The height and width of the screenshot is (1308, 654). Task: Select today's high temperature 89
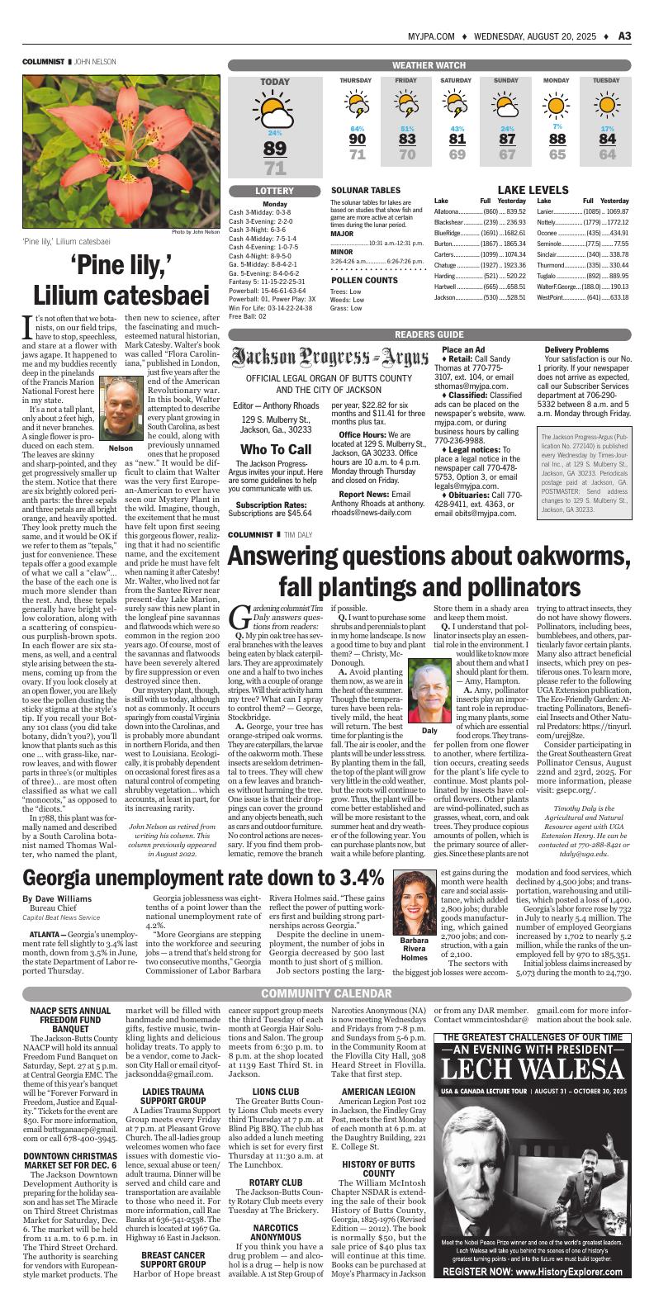click(275, 149)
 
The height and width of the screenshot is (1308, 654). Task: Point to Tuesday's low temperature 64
click(607, 154)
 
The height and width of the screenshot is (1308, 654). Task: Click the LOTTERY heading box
click(275, 191)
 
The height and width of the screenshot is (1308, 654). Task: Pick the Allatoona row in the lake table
click(480, 212)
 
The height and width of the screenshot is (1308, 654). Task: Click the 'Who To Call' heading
click(275, 449)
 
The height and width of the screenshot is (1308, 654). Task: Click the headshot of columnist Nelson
click(120, 410)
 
